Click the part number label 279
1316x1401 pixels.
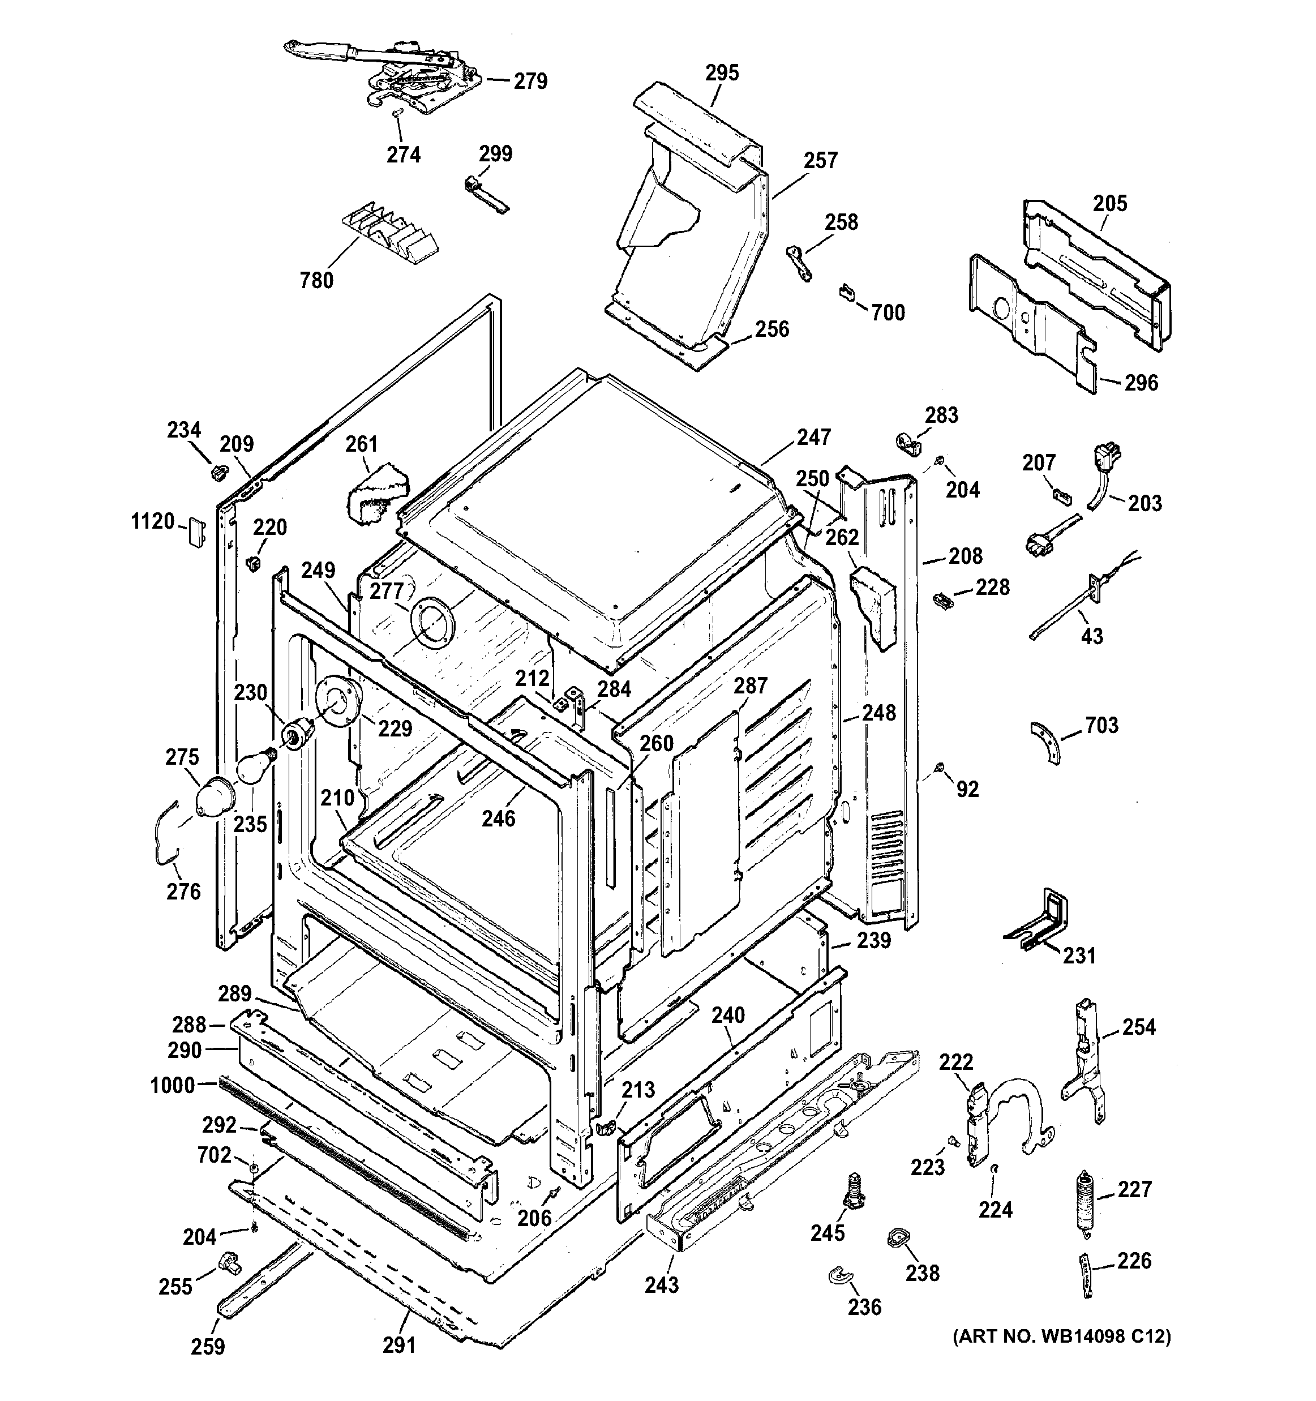[530, 81]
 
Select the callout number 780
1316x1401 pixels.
[316, 280]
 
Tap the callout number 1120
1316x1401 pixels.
[153, 521]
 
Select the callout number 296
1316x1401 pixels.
[1141, 383]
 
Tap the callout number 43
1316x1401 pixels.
[1091, 636]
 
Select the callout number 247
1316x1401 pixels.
[814, 437]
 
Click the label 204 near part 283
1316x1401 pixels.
[962, 490]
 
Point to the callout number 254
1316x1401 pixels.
[1138, 1027]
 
